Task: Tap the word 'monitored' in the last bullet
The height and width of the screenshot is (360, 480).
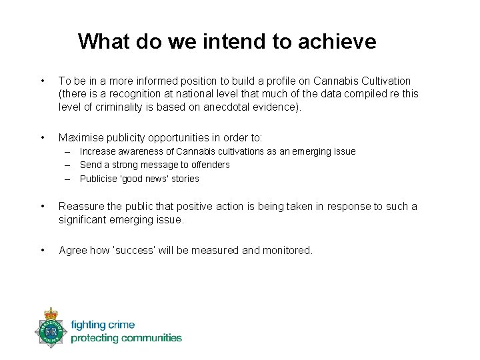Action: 288,250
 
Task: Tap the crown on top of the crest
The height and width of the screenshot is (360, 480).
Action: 51,313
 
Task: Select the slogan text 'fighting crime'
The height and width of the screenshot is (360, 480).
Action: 103,325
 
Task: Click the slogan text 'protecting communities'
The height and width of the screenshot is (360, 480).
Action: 126,338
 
